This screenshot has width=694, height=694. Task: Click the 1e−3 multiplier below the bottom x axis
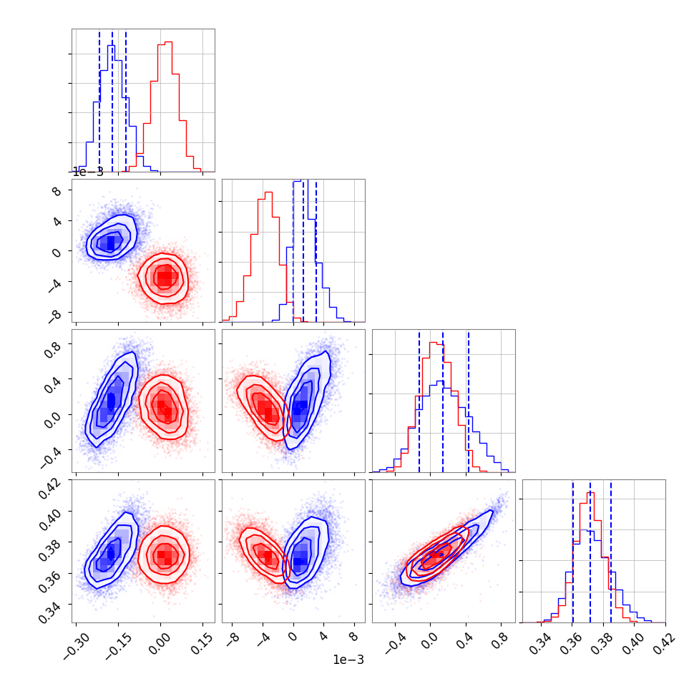[x=348, y=660]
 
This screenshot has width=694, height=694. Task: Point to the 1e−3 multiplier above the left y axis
[x=88, y=172]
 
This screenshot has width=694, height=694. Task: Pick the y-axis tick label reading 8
[x=58, y=191]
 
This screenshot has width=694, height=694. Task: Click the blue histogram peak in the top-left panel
[x=111, y=46]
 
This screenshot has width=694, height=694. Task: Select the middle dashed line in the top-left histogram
[x=112, y=100]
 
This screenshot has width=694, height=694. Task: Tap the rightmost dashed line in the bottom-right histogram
[x=611, y=551]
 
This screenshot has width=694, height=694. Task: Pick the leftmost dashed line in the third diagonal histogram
[x=419, y=401]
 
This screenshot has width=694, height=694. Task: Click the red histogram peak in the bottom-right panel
[x=591, y=492]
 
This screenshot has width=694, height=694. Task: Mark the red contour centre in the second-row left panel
[x=165, y=277]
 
